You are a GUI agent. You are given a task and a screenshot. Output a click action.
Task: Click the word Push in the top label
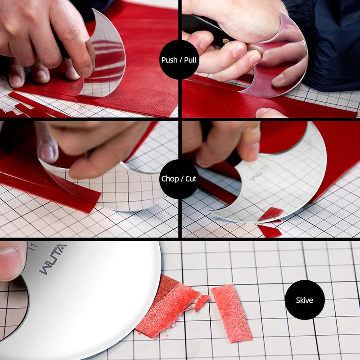169,60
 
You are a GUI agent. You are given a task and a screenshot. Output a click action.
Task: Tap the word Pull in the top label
190,60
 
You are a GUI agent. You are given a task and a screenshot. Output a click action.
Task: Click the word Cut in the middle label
191,179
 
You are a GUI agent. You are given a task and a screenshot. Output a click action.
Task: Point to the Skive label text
305,300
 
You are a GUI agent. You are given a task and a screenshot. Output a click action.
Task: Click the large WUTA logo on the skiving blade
53,259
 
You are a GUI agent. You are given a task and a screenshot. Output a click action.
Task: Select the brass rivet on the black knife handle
226,41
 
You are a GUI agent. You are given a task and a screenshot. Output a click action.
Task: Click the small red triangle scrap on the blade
271,213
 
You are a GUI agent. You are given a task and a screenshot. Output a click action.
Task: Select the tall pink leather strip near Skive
232,313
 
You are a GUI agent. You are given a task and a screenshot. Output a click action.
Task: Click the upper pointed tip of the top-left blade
93,9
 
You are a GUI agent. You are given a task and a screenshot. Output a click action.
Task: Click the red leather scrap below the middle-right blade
270,231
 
